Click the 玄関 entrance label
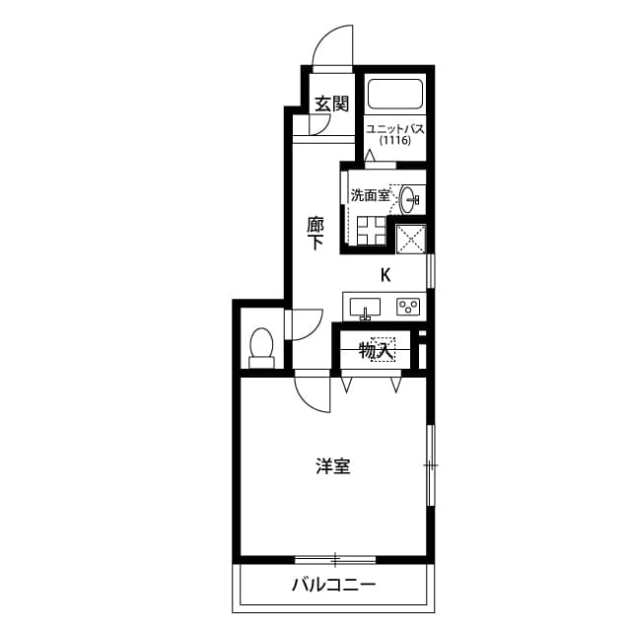(332, 103)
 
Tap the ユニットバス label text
(394, 128)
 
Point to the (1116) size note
(394, 141)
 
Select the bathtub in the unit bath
(394, 95)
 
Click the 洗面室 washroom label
(370, 195)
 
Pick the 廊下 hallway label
(315, 233)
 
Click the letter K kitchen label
(386, 276)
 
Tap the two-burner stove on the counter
(408, 307)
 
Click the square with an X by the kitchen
(411, 238)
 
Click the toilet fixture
(261, 348)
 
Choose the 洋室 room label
(332, 466)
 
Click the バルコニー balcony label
(333, 585)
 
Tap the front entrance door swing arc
(332, 44)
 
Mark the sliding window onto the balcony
(335, 559)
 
